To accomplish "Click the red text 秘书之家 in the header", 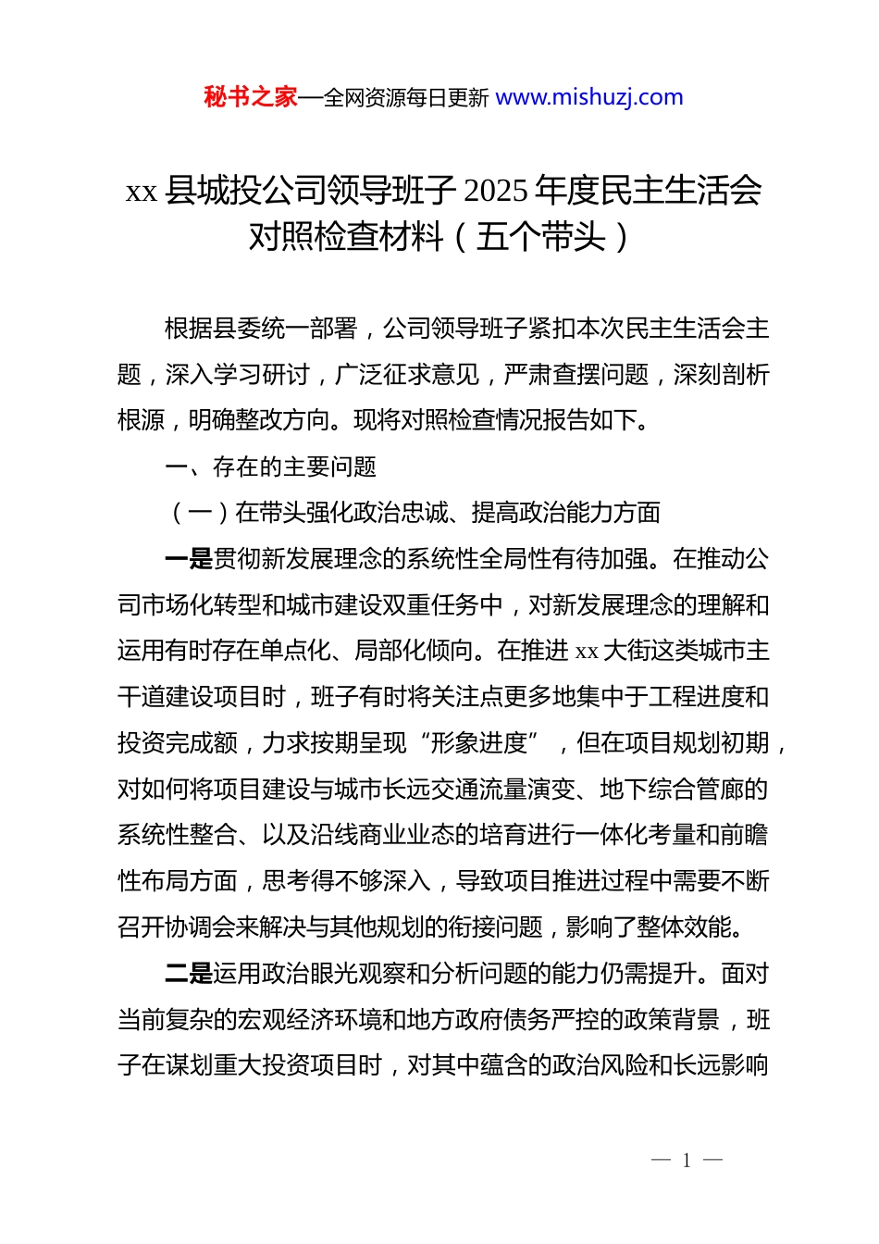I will pyautogui.click(x=251, y=97).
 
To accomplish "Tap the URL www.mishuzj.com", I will pyautogui.click(x=589, y=97).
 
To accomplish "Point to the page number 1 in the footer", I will pyautogui.click(x=687, y=1161).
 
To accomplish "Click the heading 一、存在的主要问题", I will pyautogui.click(x=270, y=466).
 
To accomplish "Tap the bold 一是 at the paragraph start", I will pyautogui.click(x=189, y=559).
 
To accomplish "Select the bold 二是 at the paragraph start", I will pyautogui.click(x=189, y=974).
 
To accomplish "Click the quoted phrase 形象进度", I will pyautogui.click(x=479, y=743).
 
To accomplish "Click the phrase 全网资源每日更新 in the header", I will pyautogui.click(x=406, y=98).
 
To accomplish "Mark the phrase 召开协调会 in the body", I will pyautogui.click(x=178, y=927).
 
